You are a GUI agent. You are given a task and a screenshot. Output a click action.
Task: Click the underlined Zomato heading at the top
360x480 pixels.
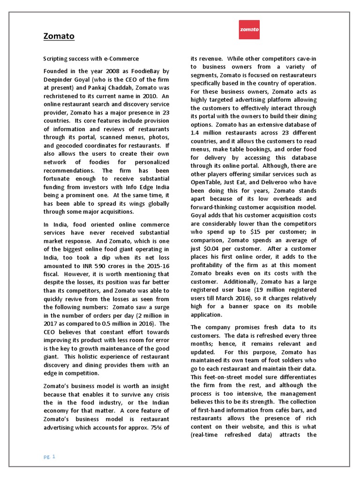59,36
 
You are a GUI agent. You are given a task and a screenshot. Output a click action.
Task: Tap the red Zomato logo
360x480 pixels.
249,29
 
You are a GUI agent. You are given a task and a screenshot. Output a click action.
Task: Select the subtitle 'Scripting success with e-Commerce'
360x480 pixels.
91,59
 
